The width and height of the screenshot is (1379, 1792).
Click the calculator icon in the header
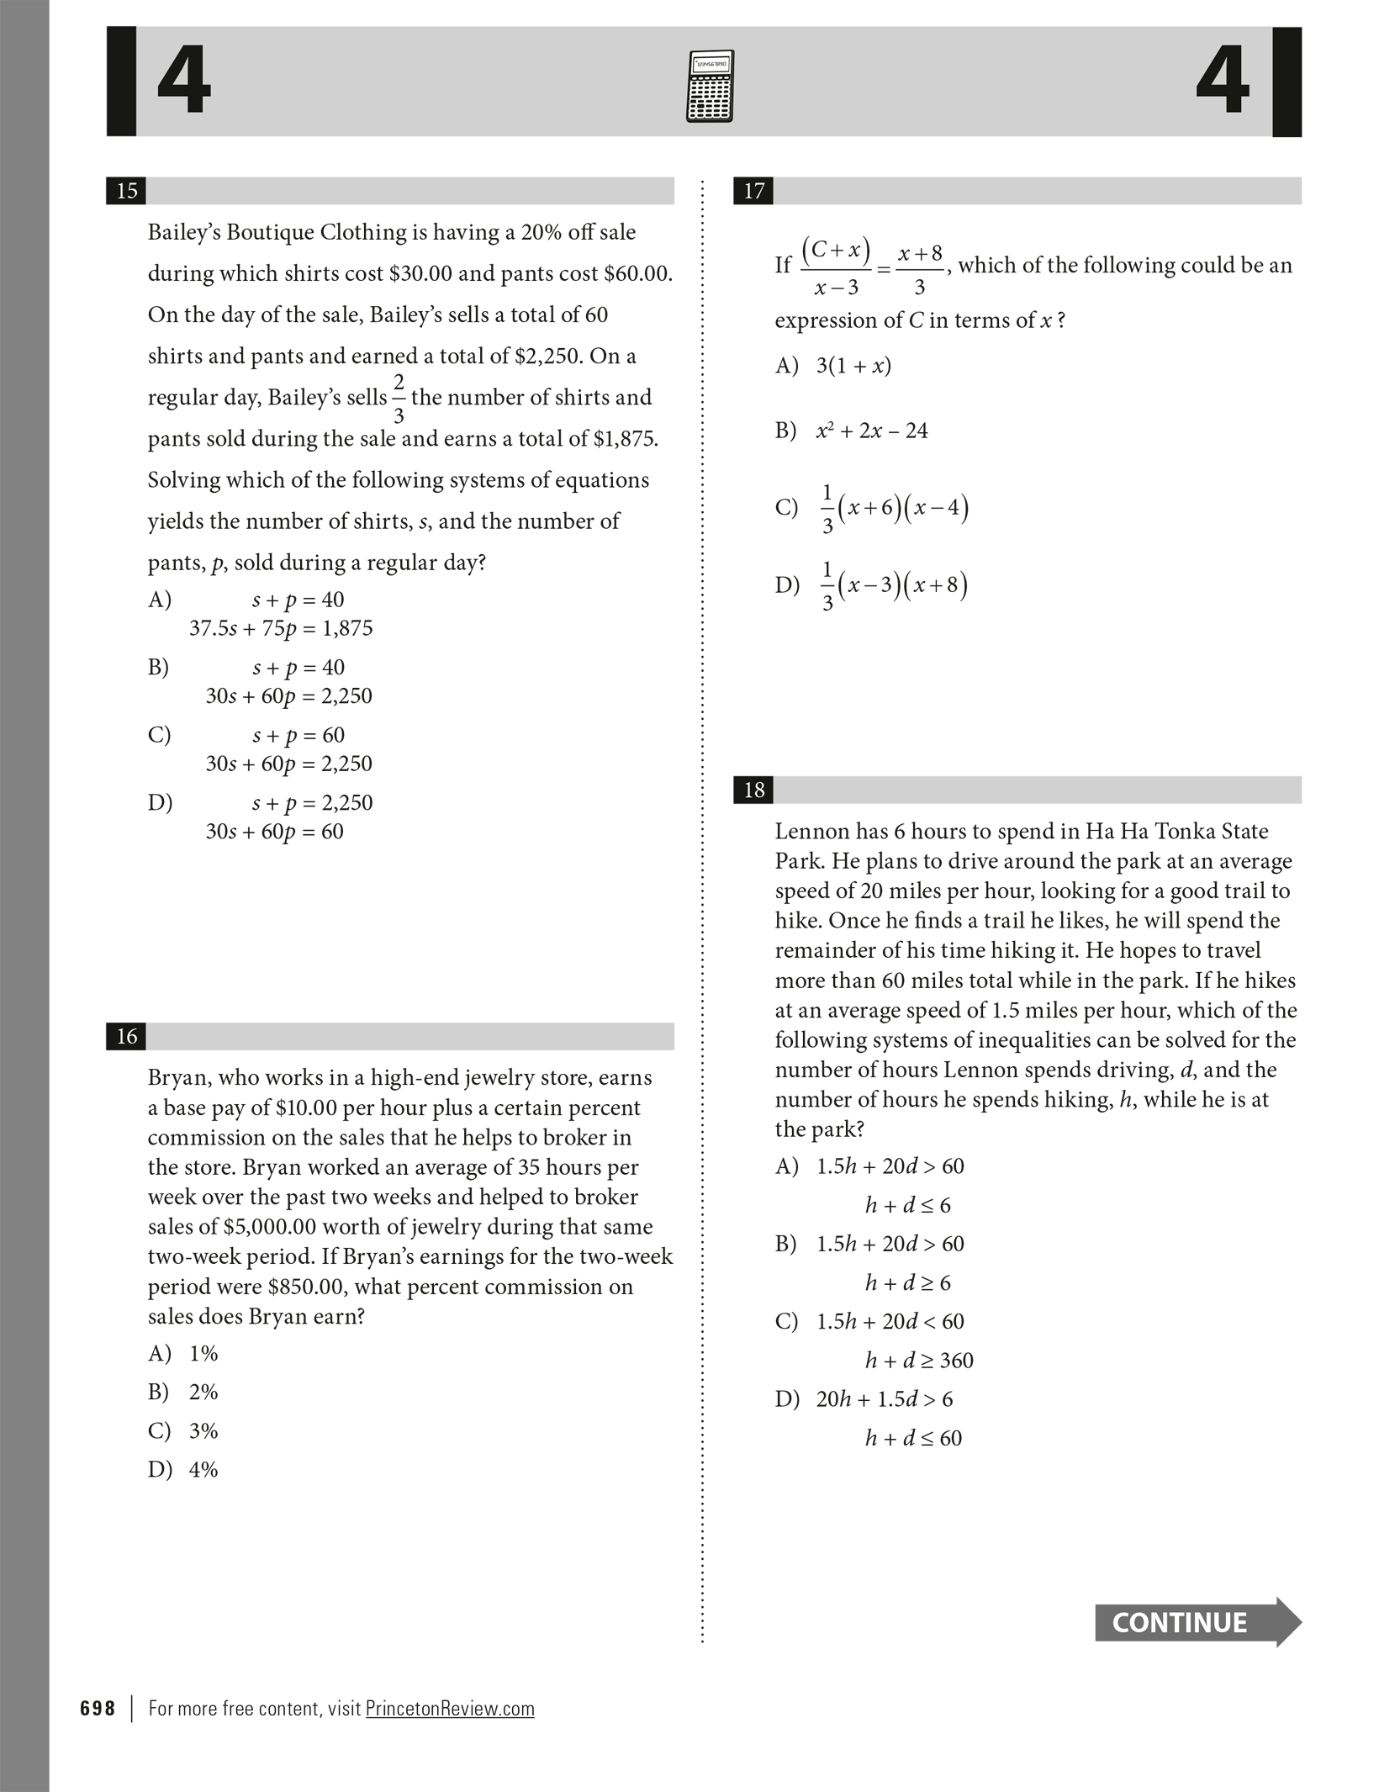click(x=710, y=87)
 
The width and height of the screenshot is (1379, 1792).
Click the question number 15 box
click(x=127, y=191)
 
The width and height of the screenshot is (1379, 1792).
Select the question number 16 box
click(x=127, y=1036)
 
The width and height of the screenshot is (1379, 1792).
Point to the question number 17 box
click(x=754, y=191)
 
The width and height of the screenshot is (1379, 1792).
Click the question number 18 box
click(x=754, y=790)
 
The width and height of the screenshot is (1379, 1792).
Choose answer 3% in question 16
click(x=203, y=1430)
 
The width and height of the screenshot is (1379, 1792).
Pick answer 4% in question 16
click(x=203, y=1469)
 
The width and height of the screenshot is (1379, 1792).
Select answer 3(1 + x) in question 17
click(x=853, y=366)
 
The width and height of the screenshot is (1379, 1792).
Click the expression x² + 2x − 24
click(x=872, y=431)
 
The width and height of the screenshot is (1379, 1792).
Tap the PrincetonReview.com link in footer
click(x=450, y=1709)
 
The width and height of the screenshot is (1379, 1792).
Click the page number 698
click(x=98, y=1709)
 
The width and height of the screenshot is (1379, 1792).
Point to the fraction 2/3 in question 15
click(x=399, y=399)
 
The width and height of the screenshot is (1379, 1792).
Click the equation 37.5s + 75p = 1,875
click(x=281, y=628)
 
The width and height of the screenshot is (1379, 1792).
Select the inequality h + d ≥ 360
click(x=919, y=1360)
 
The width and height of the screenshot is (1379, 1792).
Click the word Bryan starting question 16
click(x=176, y=1077)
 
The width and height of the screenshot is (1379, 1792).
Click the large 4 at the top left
click(x=184, y=82)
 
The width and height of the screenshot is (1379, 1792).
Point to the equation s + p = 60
click(x=299, y=735)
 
